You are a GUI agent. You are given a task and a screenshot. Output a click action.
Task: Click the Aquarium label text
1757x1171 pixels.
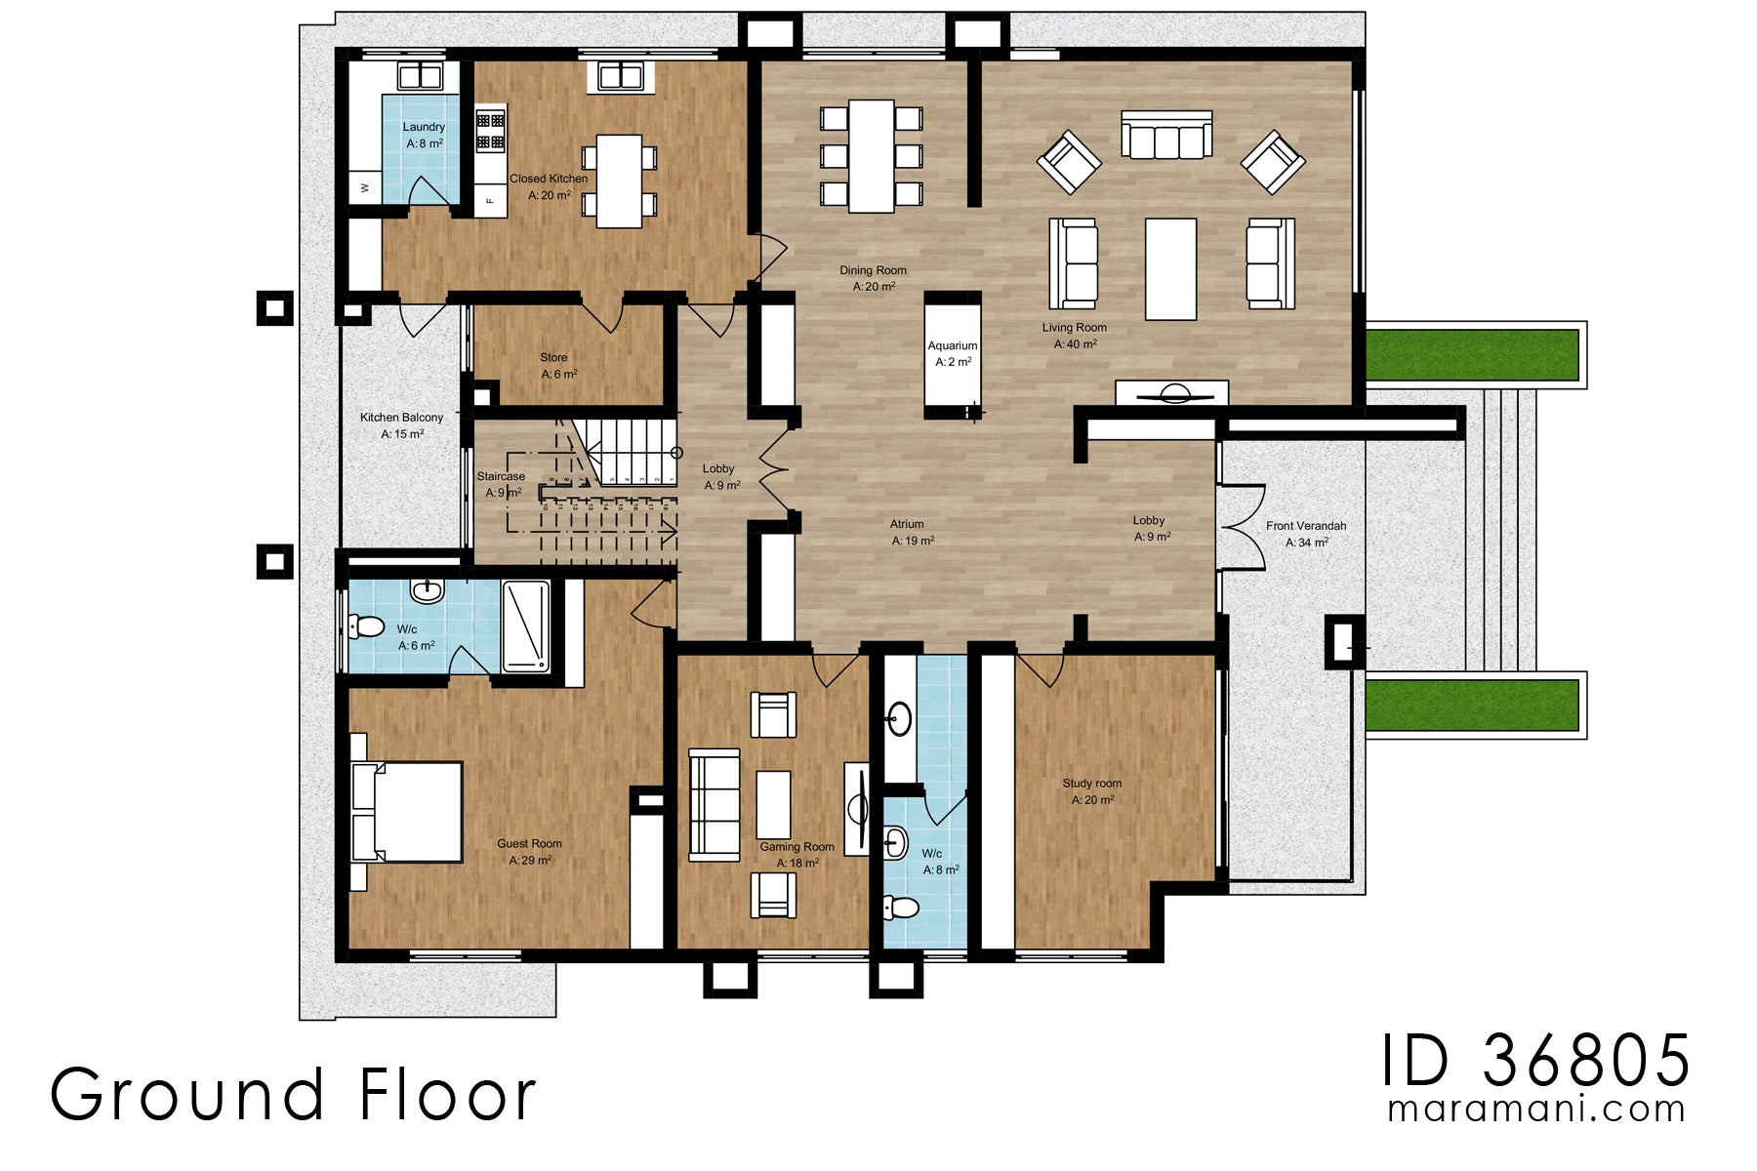click(x=952, y=345)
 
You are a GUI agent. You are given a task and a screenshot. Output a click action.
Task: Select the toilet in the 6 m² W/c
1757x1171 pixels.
click(x=366, y=626)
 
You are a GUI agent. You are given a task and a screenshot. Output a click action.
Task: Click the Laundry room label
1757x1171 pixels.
click(x=424, y=127)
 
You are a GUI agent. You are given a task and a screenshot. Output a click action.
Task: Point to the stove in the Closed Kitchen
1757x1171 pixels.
click(x=490, y=131)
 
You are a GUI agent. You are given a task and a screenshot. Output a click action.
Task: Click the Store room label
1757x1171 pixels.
click(x=553, y=357)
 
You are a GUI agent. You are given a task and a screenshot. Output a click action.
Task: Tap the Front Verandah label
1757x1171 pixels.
click(x=1305, y=526)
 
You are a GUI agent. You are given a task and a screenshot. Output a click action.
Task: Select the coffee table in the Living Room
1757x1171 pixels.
click(x=1170, y=268)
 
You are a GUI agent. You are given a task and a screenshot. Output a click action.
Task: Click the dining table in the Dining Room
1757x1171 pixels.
click(x=871, y=156)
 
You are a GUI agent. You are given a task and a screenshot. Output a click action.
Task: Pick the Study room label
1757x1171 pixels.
click(x=1091, y=784)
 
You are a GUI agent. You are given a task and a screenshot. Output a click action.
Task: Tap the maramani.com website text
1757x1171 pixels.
click(x=1535, y=1110)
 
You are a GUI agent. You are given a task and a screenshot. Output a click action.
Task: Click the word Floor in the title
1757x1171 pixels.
click(x=448, y=1095)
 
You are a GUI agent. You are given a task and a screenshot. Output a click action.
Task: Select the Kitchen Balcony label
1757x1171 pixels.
click(x=401, y=418)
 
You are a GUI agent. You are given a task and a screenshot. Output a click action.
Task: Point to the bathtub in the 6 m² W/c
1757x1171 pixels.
click(x=526, y=626)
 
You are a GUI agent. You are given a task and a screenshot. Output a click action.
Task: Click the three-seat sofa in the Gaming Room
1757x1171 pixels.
click(x=714, y=805)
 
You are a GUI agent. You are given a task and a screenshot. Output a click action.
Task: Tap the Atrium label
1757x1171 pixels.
click(x=906, y=524)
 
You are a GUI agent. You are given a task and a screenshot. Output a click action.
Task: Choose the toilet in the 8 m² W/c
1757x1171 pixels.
click(x=901, y=909)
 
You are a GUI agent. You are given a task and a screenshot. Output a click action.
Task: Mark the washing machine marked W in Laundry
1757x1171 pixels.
click(x=365, y=187)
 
